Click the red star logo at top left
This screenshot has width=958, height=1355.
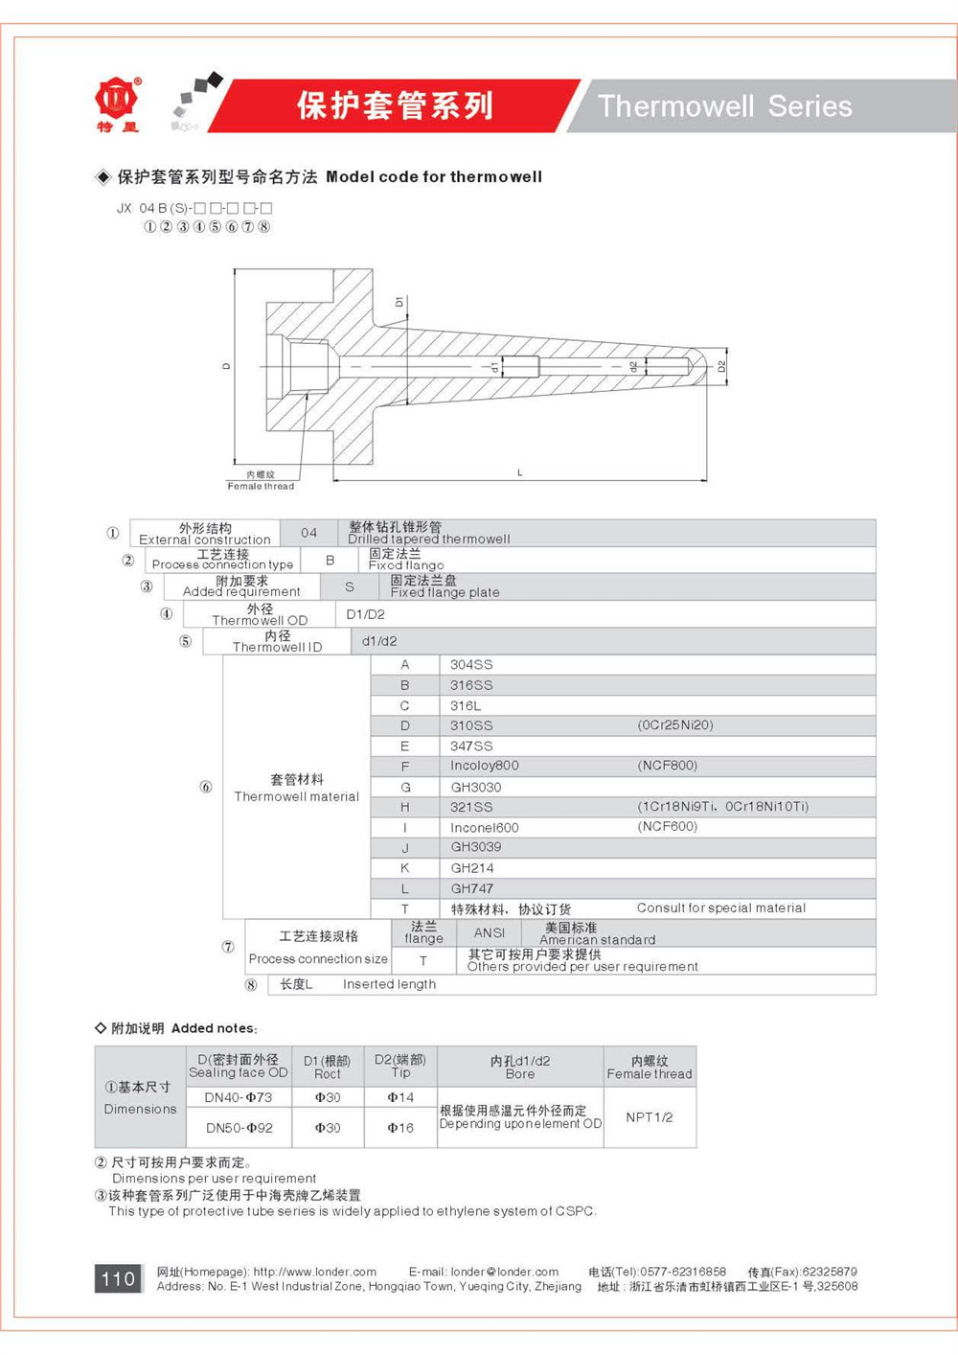tap(118, 100)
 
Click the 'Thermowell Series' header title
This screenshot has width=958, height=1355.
tap(724, 106)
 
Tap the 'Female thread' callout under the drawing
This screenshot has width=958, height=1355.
tap(261, 486)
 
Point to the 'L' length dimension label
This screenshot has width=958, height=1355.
tap(520, 472)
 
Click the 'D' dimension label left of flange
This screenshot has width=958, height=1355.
tap(227, 366)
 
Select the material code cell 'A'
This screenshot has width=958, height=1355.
tap(404, 665)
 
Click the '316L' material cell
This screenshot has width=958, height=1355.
tap(466, 706)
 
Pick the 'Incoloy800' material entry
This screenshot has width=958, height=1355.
tap(485, 766)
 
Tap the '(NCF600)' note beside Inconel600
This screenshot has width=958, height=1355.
tap(668, 826)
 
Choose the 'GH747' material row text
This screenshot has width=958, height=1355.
tap(472, 888)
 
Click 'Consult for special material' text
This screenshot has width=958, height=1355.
tap(720, 907)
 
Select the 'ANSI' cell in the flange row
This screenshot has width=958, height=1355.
tap(489, 932)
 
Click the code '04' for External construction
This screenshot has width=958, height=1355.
tap(308, 533)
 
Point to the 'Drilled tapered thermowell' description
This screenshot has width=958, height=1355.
tap(428, 540)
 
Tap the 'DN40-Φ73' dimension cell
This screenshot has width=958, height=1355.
tap(238, 1097)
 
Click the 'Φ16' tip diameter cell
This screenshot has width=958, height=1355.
tap(400, 1128)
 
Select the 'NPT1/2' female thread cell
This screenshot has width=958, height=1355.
tap(650, 1117)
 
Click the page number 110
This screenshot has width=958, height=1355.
tap(118, 1278)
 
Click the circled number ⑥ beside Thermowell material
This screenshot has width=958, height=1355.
tap(205, 787)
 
